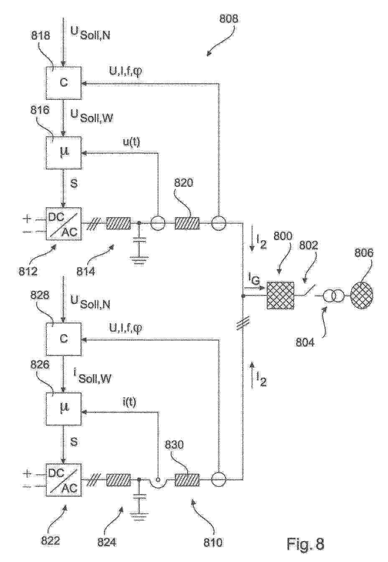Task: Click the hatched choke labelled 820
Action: click(x=187, y=223)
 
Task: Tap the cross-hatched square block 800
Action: click(x=280, y=295)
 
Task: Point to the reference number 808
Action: click(x=228, y=19)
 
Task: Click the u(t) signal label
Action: click(x=131, y=143)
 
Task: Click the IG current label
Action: click(x=254, y=278)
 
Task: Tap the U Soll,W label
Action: click(x=91, y=115)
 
